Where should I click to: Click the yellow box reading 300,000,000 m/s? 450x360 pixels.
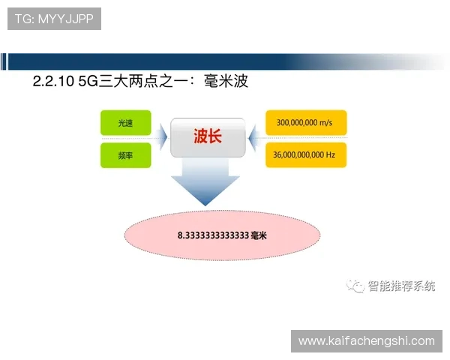[x=305, y=122]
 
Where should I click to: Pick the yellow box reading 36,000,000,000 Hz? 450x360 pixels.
[x=305, y=155]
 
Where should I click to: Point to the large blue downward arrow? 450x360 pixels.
[x=204, y=187]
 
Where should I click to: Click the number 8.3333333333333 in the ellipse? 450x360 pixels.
[x=213, y=235]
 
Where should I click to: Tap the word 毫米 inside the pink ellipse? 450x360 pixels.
[x=259, y=235]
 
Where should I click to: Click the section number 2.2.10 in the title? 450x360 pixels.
[x=54, y=82]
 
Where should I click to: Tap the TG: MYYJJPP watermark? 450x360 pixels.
[x=54, y=19]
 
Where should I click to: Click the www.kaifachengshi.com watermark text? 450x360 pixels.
[x=366, y=341]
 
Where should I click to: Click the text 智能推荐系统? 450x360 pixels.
[x=401, y=286]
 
